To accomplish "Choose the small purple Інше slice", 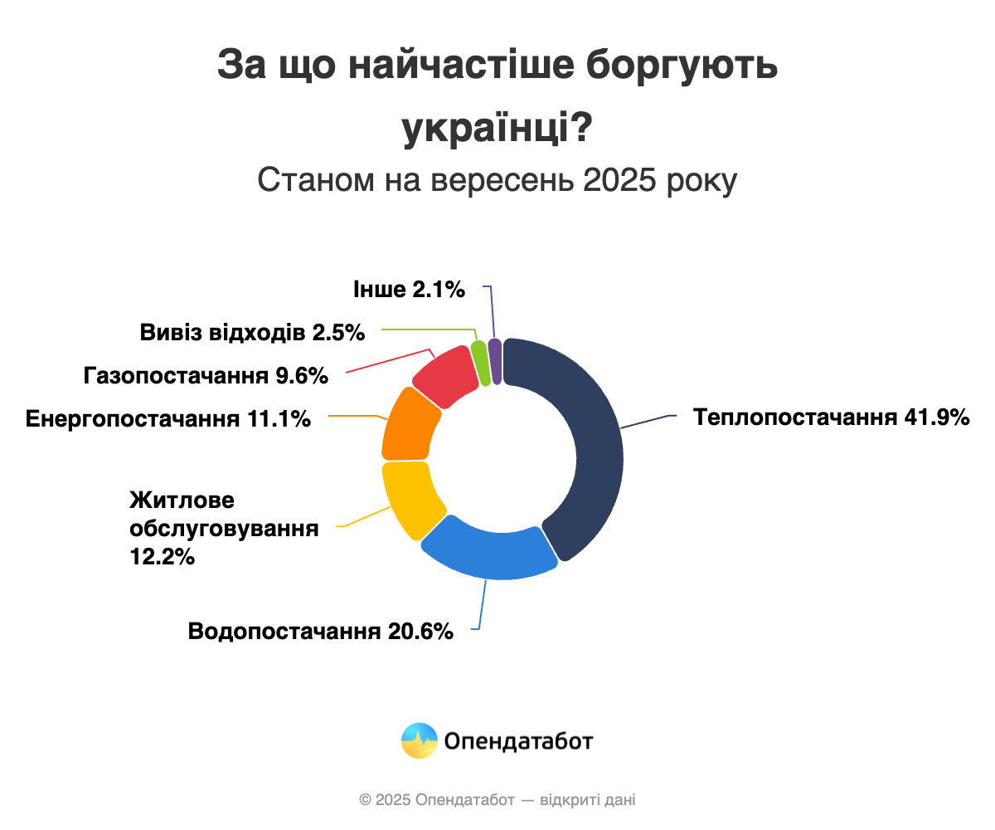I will [495, 361].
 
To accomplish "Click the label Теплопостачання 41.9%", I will [832, 417].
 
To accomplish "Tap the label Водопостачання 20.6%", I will [321, 631].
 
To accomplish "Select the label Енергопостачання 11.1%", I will [168, 418].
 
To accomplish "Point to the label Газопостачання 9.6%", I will [206, 376].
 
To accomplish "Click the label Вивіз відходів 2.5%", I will [253, 333].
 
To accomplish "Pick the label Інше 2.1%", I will [409, 290].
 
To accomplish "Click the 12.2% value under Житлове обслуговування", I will [163, 556].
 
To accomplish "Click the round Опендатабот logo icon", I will [419, 740].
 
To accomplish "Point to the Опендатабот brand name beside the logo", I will [519, 740].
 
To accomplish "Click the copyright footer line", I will [498, 800].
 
